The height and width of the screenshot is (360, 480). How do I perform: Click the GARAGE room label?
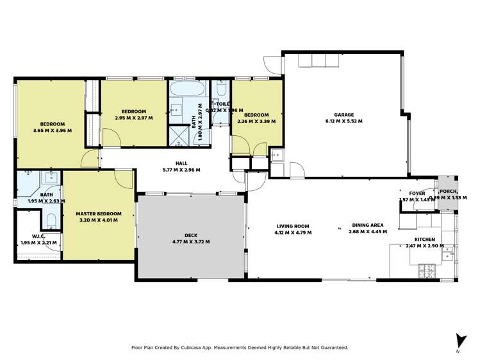[343, 115]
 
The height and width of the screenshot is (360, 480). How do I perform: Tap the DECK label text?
[191, 235]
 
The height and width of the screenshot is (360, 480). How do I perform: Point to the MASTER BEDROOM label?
[99, 213]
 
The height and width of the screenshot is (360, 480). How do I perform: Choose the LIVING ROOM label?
[293, 225]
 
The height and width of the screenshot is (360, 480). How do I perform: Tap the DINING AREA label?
[367, 225]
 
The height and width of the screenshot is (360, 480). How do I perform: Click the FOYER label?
[417, 193]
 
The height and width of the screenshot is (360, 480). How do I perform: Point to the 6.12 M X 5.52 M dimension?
[343, 121]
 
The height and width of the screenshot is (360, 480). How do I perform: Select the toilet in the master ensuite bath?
[51, 221]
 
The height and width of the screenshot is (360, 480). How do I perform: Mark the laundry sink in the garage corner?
[276, 154]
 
